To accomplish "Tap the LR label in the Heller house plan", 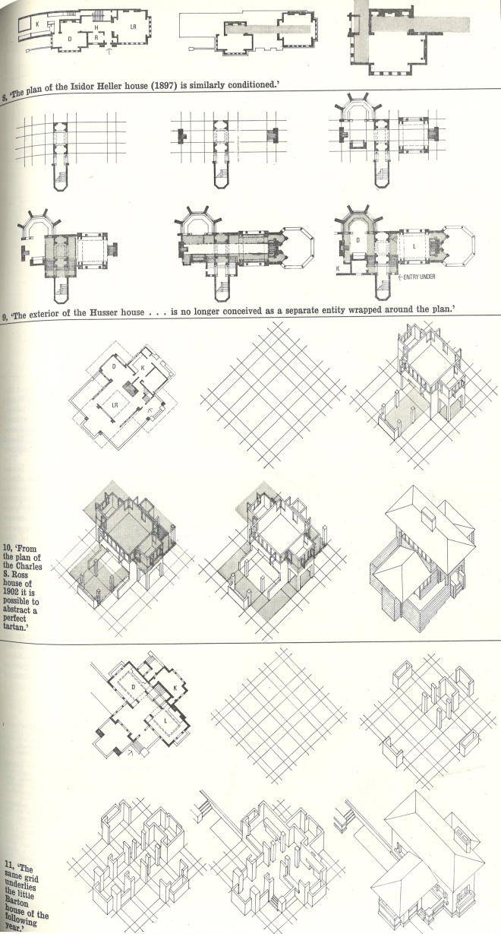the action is [x=134, y=27].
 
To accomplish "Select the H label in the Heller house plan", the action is [x=96, y=27].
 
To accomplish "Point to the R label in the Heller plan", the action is [x=96, y=37].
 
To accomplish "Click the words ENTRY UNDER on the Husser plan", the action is [x=419, y=277].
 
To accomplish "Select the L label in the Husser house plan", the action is [x=414, y=246].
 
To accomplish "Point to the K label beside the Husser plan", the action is [x=338, y=269].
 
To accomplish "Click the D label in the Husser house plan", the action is [x=358, y=240].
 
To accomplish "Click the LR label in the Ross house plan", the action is [x=115, y=405].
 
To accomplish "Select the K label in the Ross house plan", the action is [x=143, y=368].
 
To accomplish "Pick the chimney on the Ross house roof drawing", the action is [x=430, y=518].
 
